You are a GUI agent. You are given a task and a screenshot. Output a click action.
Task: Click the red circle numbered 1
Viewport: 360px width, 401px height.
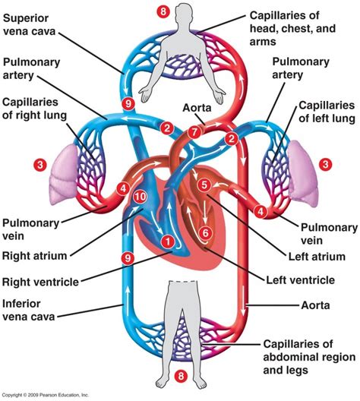(x=166, y=242)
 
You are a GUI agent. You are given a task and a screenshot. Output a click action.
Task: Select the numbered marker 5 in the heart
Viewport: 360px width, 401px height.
(x=202, y=184)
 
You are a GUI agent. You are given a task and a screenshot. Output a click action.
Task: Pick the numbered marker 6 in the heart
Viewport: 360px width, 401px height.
(x=203, y=232)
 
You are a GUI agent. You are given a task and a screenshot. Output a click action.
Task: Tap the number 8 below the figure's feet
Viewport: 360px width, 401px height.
(x=180, y=375)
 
